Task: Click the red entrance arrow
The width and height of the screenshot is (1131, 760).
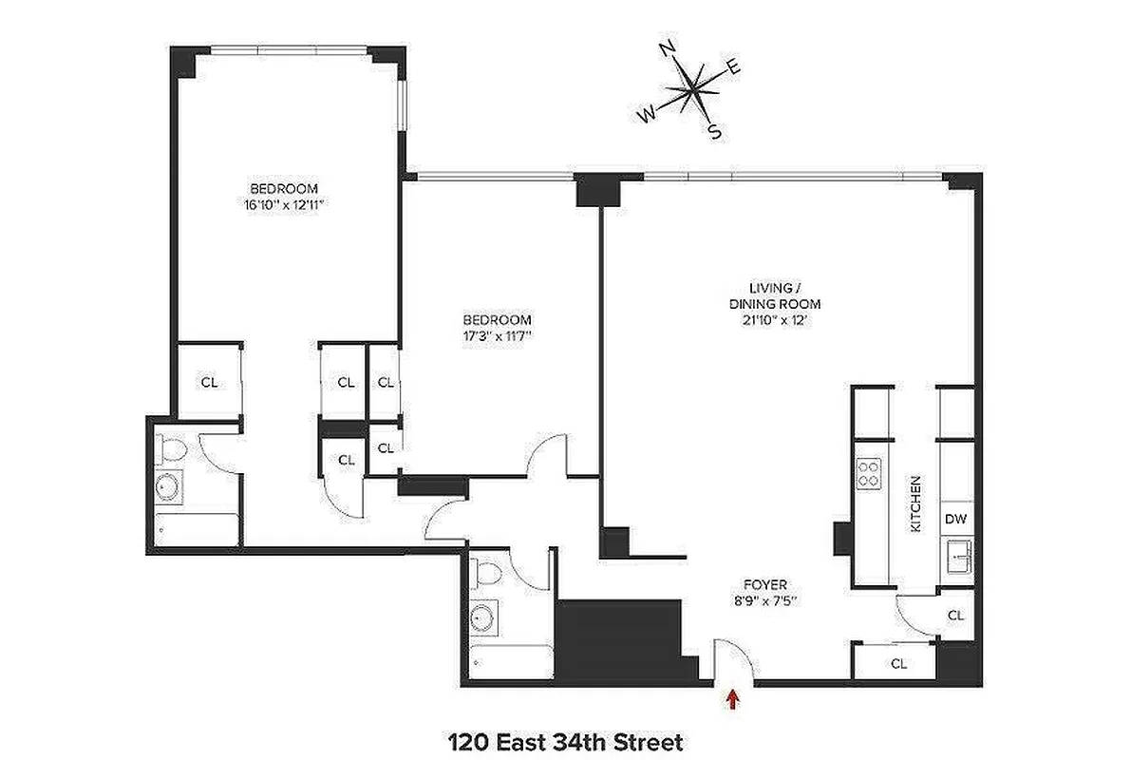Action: pos(732,699)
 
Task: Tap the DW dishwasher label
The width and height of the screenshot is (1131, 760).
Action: pos(955,519)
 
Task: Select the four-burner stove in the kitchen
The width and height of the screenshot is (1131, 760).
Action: pos(869,473)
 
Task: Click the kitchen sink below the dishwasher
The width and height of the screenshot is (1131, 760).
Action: pos(956,556)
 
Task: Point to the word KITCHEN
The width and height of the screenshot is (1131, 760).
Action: pos(916,503)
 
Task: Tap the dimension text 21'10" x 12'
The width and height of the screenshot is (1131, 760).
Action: pos(768,320)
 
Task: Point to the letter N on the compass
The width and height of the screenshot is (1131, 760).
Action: pos(668,48)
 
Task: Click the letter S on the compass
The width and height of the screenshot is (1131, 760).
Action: pos(715,132)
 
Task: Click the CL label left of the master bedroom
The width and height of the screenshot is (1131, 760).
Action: pos(209,382)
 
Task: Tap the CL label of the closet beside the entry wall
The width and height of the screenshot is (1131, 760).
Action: pos(898,664)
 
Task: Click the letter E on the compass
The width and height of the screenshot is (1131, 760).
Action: pos(733,66)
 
